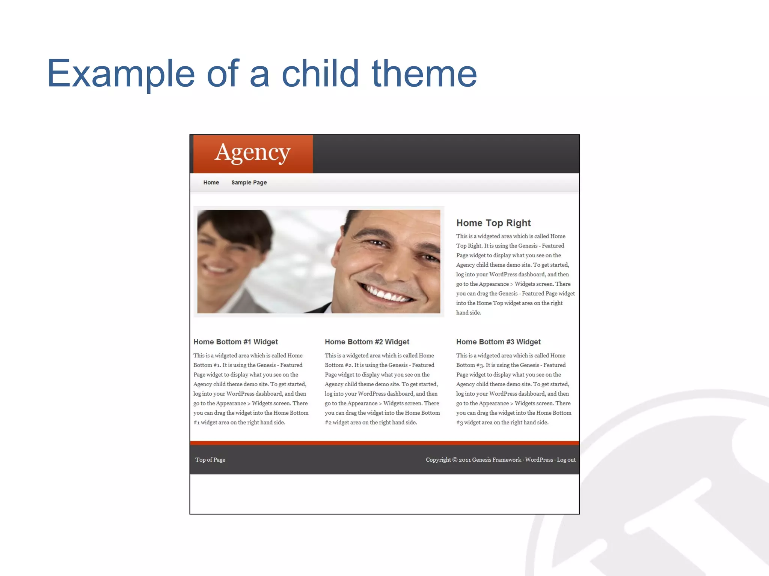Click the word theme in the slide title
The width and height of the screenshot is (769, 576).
click(x=424, y=74)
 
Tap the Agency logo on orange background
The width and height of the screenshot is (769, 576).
click(x=253, y=153)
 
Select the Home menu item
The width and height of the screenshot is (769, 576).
click(x=211, y=183)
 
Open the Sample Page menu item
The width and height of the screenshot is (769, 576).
click(x=249, y=183)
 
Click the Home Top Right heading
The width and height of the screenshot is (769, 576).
click(x=493, y=223)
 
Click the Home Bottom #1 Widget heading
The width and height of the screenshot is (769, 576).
click(x=235, y=342)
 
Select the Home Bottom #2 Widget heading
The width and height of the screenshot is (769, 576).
click(x=367, y=342)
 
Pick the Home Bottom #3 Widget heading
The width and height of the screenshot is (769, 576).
click(x=498, y=342)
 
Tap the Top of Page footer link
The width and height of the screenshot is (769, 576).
click(x=210, y=460)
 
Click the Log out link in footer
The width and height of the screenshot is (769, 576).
click(x=566, y=460)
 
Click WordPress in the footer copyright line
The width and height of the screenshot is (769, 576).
click(x=539, y=460)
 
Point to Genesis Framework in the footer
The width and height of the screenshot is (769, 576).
click(x=496, y=460)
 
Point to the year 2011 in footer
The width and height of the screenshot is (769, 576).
click(x=464, y=460)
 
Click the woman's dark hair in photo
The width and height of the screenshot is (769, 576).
click(x=240, y=225)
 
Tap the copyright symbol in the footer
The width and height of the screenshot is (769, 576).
click(x=455, y=460)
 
